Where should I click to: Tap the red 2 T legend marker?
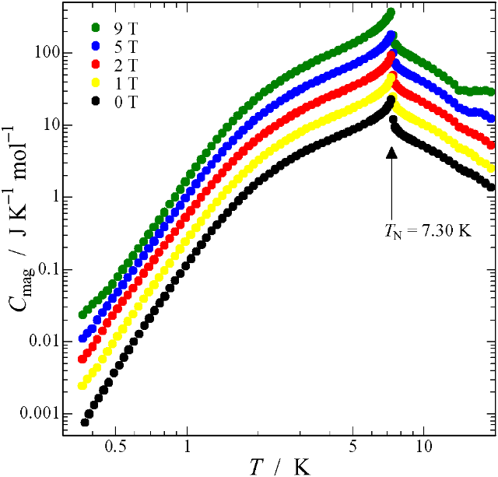click(95, 61)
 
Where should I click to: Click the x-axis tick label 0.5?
click(115, 449)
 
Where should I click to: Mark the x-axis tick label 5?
click(352, 449)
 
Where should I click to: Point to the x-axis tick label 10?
click(424, 449)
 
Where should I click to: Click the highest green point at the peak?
click(391, 12)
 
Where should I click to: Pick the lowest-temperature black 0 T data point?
click(85, 423)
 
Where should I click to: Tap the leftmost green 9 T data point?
click(83, 314)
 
